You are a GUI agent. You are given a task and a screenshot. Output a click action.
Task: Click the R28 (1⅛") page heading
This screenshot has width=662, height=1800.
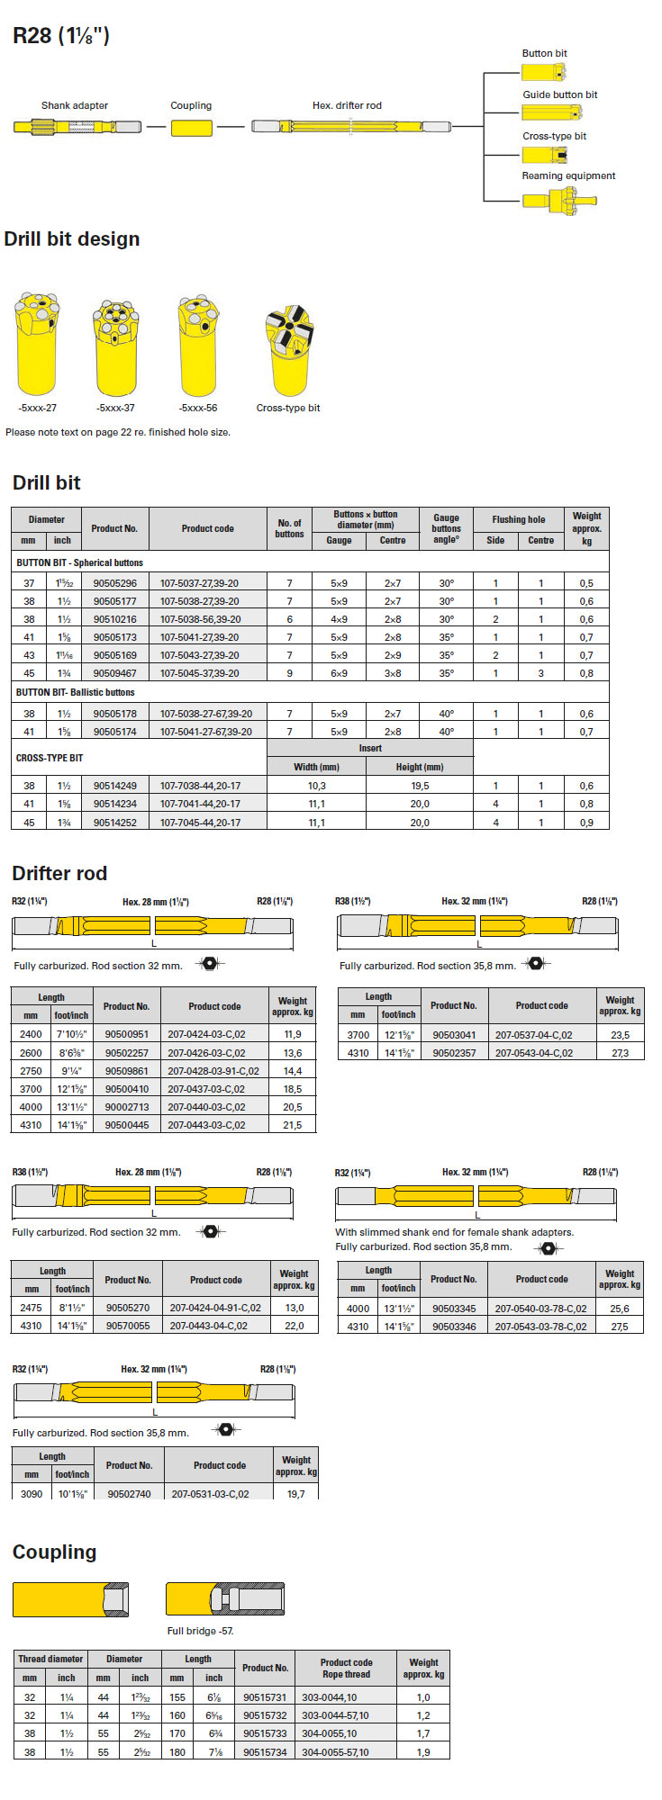[61, 36]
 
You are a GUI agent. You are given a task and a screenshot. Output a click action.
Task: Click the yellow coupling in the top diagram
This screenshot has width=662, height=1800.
[191, 128]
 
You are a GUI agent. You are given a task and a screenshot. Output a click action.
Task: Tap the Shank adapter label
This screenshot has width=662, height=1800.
[75, 105]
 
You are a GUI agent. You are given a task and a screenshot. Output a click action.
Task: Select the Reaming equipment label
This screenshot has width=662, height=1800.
[568, 175]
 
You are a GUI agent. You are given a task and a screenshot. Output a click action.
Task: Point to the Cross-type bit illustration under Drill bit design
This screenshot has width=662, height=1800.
[288, 350]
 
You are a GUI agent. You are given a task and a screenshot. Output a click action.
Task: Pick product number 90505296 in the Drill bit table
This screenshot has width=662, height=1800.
[115, 583]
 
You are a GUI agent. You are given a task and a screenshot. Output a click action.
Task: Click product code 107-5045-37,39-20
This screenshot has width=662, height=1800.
[200, 673]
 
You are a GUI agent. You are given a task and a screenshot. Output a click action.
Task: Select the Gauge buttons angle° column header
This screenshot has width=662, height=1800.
[446, 528]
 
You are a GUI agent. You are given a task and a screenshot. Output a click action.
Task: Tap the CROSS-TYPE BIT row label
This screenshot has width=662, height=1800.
[50, 758]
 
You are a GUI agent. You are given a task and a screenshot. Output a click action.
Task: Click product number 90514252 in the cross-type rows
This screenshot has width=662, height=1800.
[115, 823]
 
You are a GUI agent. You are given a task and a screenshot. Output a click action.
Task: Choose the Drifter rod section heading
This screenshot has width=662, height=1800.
[59, 873]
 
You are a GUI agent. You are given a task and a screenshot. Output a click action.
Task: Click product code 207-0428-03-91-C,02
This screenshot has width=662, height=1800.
[213, 1071]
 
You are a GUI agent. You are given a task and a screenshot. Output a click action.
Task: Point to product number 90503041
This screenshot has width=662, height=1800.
[454, 1035]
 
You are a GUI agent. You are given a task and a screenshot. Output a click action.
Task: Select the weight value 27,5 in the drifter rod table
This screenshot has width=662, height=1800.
[620, 1327]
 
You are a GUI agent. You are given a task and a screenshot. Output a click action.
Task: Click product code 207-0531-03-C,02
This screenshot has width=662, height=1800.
[211, 1494]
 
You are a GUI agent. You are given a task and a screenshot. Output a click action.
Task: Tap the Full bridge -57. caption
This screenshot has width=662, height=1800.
[200, 1631]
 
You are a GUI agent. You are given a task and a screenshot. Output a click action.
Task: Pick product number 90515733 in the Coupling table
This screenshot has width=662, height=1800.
[265, 1733]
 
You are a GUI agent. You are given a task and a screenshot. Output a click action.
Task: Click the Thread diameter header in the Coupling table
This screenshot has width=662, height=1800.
[50, 1659]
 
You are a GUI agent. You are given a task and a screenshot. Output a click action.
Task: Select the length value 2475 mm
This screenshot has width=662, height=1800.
[31, 1308]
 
